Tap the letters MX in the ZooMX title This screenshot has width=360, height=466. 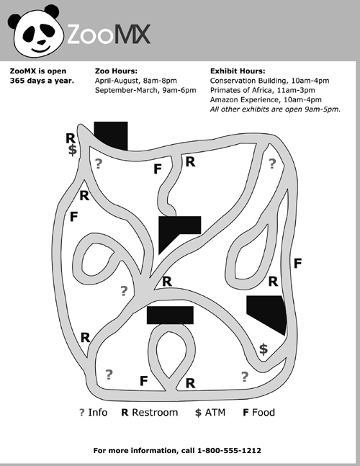click(x=132, y=35)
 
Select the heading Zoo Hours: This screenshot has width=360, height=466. click(x=116, y=71)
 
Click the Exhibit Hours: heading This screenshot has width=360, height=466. click(x=238, y=71)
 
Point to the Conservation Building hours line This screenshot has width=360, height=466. click(x=269, y=81)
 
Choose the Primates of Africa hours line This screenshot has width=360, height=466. click(x=262, y=90)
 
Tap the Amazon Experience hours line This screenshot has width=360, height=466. click(x=266, y=100)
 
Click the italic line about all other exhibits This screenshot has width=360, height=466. click(x=275, y=109)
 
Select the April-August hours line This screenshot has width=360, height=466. click(x=136, y=81)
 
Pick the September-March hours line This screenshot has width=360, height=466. click(x=145, y=90)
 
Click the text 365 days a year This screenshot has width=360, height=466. click(x=42, y=81)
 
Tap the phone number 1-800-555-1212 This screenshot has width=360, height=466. click(x=229, y=451)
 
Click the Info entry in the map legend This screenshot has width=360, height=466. click(x=94, y=413)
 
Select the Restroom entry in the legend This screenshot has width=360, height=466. click(x=150, y=413)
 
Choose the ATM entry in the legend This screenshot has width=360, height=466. click(x=210, y=413)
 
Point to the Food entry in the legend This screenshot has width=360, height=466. click(x=258, y=413)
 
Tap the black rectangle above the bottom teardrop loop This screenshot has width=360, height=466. click(x=170, y=315)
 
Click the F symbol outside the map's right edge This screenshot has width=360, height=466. click(x=297, y=264)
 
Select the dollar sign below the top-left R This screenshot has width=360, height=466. click(x=72, y=150)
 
